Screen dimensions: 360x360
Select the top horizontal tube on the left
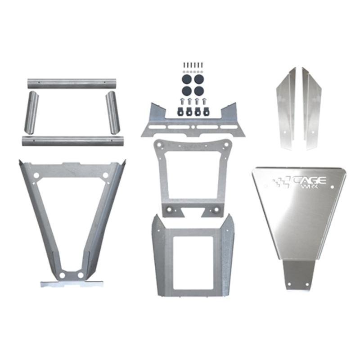[x=72, y=83]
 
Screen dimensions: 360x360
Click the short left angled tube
[x=31, y=112]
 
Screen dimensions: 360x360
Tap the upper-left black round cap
[x=185, y=78]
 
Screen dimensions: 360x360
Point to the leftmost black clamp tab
[x=180, y=111]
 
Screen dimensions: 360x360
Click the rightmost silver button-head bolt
[x=206, y=101]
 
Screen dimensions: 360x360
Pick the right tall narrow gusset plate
[x=311, y=108]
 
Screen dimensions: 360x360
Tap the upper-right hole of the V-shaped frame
[x=105, y=175]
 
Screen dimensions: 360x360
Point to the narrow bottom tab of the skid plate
[x=298, y=274]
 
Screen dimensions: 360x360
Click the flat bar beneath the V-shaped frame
[x=72, y=283]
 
